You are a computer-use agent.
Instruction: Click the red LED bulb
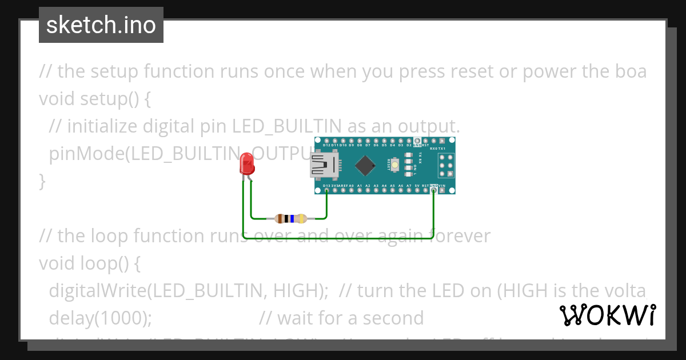tap(247, 165)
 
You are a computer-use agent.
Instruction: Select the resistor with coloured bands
tap(291, 218)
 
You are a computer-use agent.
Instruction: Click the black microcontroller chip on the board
tap(365, 166)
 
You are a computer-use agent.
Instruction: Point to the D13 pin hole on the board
tap(326, 190)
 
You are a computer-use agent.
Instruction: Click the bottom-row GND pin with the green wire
tap(433, 190)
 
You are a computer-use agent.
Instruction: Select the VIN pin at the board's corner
tap(442, 190)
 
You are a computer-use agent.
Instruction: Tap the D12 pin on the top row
tap(326, 141)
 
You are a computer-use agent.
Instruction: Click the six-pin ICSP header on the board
tap(446, 166)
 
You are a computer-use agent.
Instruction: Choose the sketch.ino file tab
tap(101, 25)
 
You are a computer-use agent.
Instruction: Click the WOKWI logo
tap(607, 315)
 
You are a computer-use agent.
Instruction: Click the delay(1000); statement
tap(101, 318)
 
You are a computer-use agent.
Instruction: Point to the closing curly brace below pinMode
tap(42, 182)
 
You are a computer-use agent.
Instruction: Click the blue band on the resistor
tap(293, 218)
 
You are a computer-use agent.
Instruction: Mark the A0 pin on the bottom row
tap(351, 190)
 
